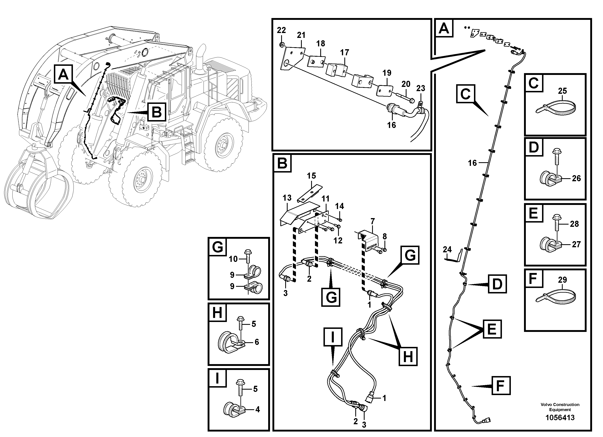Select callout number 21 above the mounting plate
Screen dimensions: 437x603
click(x=301, y=35)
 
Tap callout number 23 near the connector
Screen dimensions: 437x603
click(x=421, y=88)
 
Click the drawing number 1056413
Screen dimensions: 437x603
click(x=560, y=418)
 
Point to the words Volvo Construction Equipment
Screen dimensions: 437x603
click(x=560, y=407)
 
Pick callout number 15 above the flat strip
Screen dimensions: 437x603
click(x=311, y=176)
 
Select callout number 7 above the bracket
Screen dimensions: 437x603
click(x=372, y=221)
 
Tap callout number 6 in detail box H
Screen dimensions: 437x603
click(x=257, y=342)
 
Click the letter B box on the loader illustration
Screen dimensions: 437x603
click(x=156, y=112)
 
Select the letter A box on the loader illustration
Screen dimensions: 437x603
click(x=63, y=75)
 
